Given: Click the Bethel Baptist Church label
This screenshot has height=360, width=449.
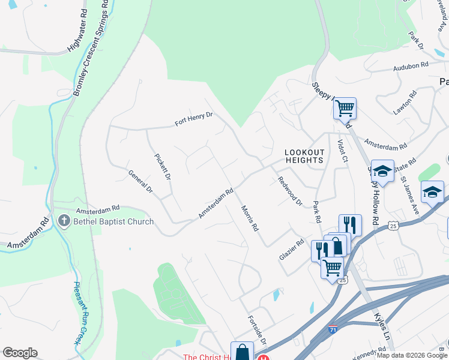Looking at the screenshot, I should pos(113,221).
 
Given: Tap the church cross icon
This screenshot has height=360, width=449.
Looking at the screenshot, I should pos(64,221).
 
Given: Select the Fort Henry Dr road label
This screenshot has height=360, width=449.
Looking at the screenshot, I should pos(194,120).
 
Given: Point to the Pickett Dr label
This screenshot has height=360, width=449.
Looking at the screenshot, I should pos(163,167).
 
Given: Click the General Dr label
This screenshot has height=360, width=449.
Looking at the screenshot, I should pos(141,181).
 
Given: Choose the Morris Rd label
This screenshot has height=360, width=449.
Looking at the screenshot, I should pos(250,219).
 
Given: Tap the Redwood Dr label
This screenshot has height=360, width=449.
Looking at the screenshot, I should pos(289,191).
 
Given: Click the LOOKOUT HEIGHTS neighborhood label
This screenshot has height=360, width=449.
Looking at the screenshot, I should pos(304,157).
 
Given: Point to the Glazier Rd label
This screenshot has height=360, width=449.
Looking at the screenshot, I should pos(292,248).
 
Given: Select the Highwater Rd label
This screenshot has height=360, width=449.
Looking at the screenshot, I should pos(74,36).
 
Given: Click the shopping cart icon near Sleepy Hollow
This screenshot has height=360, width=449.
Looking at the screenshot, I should pos(345,109).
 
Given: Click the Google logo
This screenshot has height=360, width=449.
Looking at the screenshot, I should pos(20,353).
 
